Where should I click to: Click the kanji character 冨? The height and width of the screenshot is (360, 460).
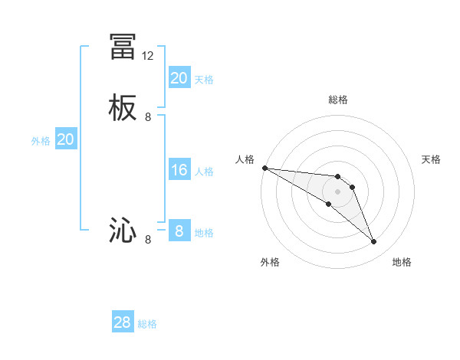tap(123, 47)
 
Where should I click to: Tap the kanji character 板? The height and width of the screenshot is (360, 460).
tap(123, 108)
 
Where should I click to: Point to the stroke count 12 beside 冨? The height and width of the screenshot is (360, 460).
tap(148, 56)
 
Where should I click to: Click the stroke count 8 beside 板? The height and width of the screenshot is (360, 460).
tap(148, 117)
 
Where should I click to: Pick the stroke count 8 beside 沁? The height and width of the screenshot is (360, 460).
tap(148, 239)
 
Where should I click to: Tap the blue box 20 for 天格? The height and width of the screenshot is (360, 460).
tap(179, 78)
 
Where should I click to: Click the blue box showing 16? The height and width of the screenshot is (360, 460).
tap(179, 170)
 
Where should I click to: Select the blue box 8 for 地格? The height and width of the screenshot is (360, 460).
tap(179, 231)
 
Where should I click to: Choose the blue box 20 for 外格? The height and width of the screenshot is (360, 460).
tap(66, 139)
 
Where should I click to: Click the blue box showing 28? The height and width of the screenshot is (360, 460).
tap(123, 322)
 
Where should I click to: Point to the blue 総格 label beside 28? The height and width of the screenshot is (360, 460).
tap(147, 324)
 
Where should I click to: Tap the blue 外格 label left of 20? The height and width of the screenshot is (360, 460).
tap(41, 141)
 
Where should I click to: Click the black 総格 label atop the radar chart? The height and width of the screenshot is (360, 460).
tap(338, 100)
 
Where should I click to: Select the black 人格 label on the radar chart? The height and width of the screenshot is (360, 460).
tap(245, 159)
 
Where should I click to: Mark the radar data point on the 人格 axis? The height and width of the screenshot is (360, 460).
tap(264, 168)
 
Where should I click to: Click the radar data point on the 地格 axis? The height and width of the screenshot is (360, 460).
tap(374, 242)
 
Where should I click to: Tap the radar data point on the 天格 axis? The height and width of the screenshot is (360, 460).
tap(353, 187)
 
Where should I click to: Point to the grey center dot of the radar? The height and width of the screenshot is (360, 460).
tap(338, 191)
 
